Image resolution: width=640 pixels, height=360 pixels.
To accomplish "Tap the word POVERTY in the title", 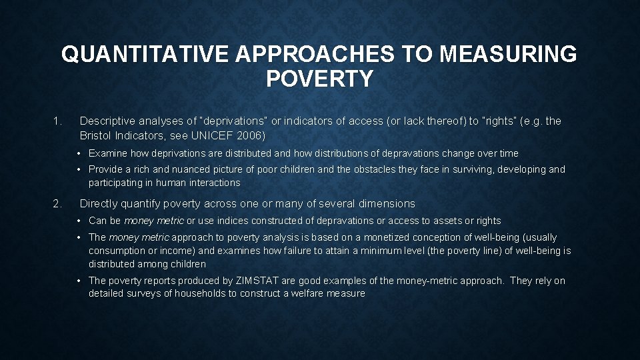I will [x=319, y=79].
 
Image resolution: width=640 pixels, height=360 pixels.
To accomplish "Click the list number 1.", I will [x=57, y=121].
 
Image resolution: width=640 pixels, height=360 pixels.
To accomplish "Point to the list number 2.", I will [x=57, y=204].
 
